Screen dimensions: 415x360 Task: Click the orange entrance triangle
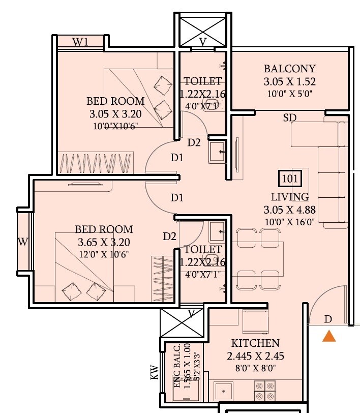click(x=329, y=336)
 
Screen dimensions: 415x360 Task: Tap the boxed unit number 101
click(x=290, y=179)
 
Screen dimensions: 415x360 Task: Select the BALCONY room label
click(x=289, y=69)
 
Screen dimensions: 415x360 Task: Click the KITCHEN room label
click(x=255, y=343)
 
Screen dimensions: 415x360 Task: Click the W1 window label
click(x=80, y=42)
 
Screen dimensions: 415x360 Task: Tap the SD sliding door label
click(x=290, y=117)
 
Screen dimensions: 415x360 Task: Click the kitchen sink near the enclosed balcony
click(x=224, y=391)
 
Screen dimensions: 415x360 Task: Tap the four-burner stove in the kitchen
click(x=265, y=391)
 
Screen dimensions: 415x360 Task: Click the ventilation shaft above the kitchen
click(x=183, y=322)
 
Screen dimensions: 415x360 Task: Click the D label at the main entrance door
click(x=328, y=319)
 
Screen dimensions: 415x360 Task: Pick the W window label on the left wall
click(x=22, y=242)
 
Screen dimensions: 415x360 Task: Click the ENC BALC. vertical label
click(x=177, y=366)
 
